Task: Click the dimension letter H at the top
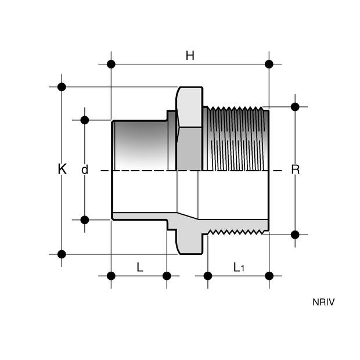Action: coord(190,56)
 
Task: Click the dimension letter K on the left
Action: coord(62,170)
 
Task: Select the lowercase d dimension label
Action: coord(85,170)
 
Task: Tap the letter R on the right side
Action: coord(295,170)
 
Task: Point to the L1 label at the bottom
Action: coord(239,267)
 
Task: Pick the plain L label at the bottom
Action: coord(139,267)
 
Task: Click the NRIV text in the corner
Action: coord(324,302)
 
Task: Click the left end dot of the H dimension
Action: coord(111,64)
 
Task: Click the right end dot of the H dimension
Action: coord(269,64)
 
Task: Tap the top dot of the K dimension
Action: coord(62,87)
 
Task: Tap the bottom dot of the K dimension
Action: coord(62,254)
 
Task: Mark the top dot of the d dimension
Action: coord(85,120)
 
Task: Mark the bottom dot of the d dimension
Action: coord(85,219)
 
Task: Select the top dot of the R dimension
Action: coord(295,106)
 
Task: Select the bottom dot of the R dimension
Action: coord(295,235)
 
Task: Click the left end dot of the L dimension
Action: coord(111,275)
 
